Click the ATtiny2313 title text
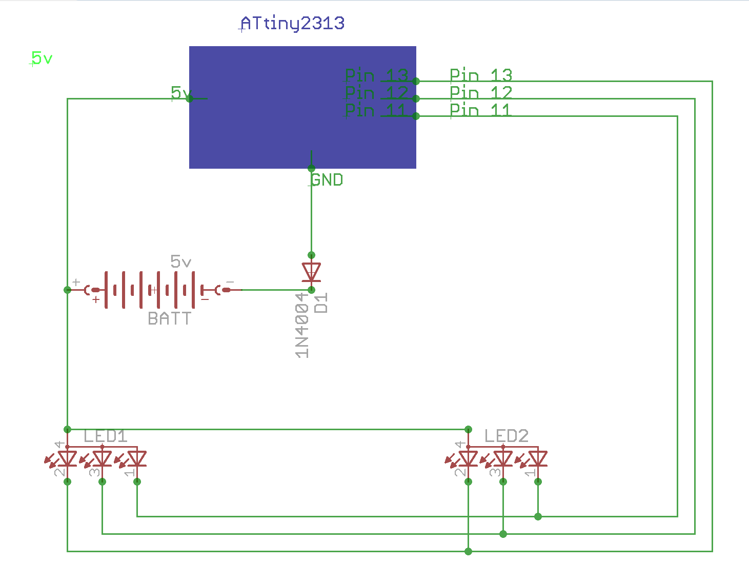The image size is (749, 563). click(292, 24)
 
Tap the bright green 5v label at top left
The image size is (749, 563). click(42, 58)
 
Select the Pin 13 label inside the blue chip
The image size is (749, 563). click(377, 76)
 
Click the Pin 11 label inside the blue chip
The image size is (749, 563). click(377, 110)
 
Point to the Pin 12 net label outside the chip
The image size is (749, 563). click(481, 93)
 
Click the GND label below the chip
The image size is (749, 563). click(327, 180)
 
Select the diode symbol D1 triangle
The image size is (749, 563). click(311, 272)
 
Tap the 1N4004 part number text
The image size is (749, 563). click(302, 325)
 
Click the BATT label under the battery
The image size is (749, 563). click(169, 319)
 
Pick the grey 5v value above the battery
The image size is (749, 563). click(180, 262)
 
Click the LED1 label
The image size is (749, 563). click(105, 436)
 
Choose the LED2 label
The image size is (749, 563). click(506, 436)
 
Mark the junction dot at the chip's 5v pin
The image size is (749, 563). click(189, 98)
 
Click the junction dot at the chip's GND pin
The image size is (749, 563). click(311, 169)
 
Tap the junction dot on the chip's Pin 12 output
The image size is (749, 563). click(416, 98)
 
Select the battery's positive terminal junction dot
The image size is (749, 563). click(67, 290)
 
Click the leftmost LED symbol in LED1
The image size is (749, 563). click(67, 458)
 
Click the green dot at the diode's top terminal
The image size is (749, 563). click(311, 255)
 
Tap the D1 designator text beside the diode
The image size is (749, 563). click(321, 303)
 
